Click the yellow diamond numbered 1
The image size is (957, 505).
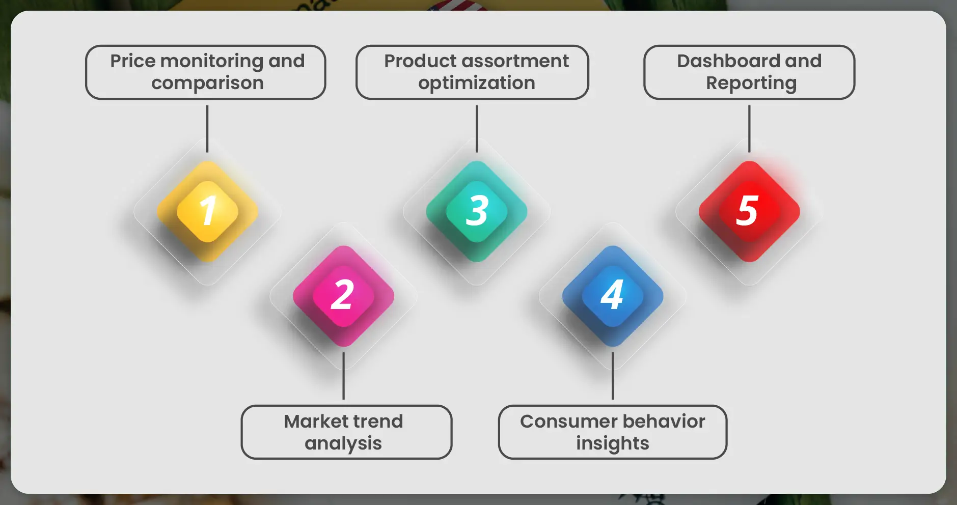(x=207, y=211)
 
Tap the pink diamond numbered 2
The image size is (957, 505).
(x=343, y=296)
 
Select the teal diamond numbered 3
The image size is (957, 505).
(x=477, y=211)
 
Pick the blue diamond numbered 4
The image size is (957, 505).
(x=613, y=296)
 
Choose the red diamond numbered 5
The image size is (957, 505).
(x=749, y=211)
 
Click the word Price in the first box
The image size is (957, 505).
(x=132, y=61)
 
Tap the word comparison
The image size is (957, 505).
(x=207, y=83)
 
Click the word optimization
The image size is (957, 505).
(x=477, y=83)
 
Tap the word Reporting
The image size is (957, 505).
(x=751, y=83)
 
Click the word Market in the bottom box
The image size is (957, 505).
(x=309, y=422)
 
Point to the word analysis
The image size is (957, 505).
(x=343, y=443)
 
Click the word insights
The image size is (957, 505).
(x=613, y=443)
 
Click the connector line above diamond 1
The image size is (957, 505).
(x=207, y=128)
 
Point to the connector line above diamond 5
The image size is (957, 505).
(x=749, y=128)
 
